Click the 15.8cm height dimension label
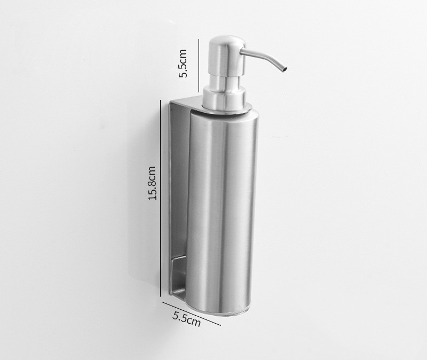[x=152, y=183]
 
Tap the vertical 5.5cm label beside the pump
[x=183, y=64]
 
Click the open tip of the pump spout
[x=284, y=70]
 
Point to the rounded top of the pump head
[x=227, y=41]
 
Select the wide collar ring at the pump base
[x=225, y=99]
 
